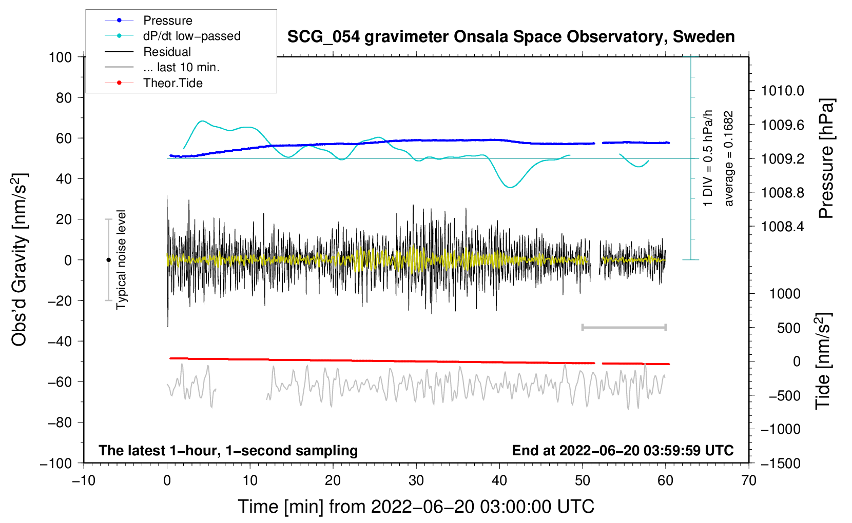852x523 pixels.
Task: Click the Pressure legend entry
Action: [149, 20]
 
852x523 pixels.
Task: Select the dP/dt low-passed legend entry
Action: [172, 36]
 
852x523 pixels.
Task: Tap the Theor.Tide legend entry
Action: [153, 83]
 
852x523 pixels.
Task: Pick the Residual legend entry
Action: [148, 52]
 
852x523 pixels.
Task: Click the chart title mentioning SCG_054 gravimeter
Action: [511, 37]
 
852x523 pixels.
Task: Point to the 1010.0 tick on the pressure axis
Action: [782, 91]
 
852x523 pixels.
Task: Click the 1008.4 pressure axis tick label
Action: [782, 227]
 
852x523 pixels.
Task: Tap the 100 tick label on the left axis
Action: [61, 57]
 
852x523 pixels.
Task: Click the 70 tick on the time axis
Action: [748, 480]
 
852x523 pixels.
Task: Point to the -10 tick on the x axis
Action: [84, 480]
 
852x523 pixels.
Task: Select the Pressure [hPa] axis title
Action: [826, 158]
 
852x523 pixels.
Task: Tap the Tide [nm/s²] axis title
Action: [823, 361]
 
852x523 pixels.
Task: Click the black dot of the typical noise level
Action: [108, 260]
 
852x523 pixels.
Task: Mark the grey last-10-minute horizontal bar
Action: [624, 327]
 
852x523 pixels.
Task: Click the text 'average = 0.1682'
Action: [728, 158]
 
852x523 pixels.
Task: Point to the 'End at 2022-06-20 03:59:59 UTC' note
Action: [623, 450]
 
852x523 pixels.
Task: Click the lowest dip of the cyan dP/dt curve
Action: [510, 187]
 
